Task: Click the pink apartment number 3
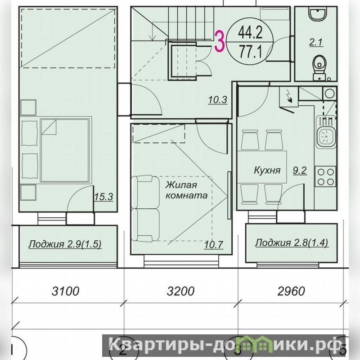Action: pos(219,42)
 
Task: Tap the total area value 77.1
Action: pos(250,52)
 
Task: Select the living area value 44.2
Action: pos(250,32)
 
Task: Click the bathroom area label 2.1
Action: pos(316,42)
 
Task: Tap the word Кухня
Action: pos(267,171)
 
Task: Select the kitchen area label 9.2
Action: pos(300,171)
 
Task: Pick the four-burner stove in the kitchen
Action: pos(325,176)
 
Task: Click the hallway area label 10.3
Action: pos(218,100)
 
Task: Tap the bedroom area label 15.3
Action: pos(104,197)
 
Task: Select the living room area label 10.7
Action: pos(213,245)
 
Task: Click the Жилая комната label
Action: pos(186,190)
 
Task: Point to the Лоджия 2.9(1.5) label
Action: pos(65,244)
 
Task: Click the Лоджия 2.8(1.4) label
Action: pos(292,243)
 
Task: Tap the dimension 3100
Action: pos(65,291)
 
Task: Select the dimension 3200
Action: pos(181,291)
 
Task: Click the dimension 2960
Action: pos(291,291)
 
